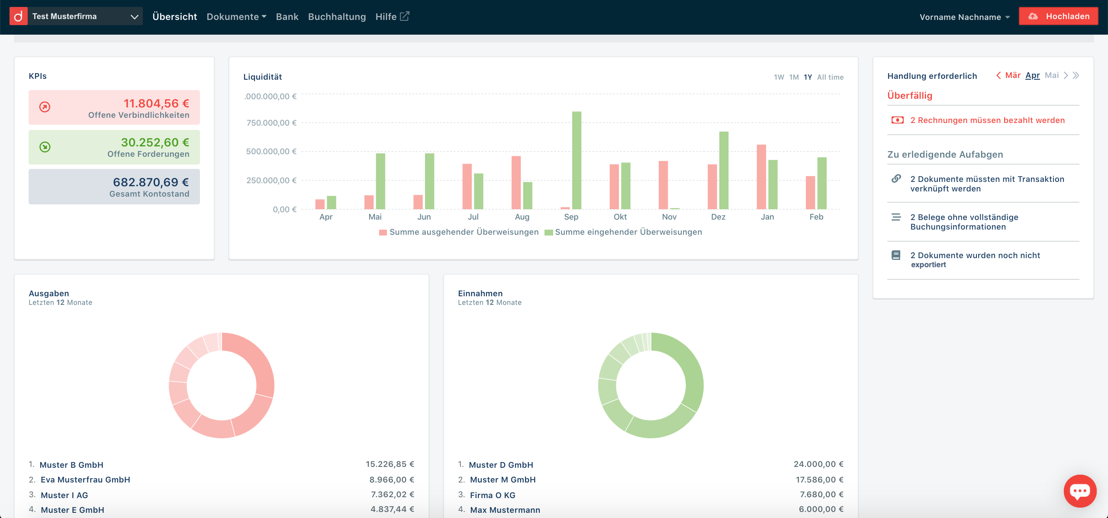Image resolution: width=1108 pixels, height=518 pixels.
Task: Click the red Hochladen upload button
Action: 1058,16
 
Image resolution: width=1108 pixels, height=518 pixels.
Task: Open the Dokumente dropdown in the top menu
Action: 236,17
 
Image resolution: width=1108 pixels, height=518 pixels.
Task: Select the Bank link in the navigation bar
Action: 287,17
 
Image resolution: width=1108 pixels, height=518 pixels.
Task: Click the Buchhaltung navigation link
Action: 337,17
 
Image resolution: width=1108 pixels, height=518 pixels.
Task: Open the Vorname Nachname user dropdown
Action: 964,17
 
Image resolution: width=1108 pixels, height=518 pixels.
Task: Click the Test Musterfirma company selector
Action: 85,16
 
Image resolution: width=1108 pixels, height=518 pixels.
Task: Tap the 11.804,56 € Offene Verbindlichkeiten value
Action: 156,104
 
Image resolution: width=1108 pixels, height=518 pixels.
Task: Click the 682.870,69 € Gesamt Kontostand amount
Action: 151,182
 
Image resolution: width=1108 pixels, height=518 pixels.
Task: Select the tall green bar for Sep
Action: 577,160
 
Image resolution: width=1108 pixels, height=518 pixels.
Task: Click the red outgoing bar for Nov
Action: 663,185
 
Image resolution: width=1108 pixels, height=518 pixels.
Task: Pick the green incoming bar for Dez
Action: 724,170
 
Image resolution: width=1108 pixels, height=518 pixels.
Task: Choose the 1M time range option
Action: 794,77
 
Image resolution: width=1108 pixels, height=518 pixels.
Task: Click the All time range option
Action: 830,77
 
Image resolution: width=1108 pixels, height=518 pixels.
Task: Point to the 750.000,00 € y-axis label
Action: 271,123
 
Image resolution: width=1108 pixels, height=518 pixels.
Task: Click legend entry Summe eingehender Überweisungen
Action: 628,232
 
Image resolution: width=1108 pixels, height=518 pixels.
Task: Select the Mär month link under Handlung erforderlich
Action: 1012,75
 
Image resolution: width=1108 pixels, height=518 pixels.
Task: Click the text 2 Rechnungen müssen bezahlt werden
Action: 987,120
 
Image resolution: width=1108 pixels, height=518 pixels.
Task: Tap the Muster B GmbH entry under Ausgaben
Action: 71,465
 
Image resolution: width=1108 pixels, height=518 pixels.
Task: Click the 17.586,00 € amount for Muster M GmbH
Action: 819,479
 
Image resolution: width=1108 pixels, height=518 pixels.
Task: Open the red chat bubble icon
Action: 1080,491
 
